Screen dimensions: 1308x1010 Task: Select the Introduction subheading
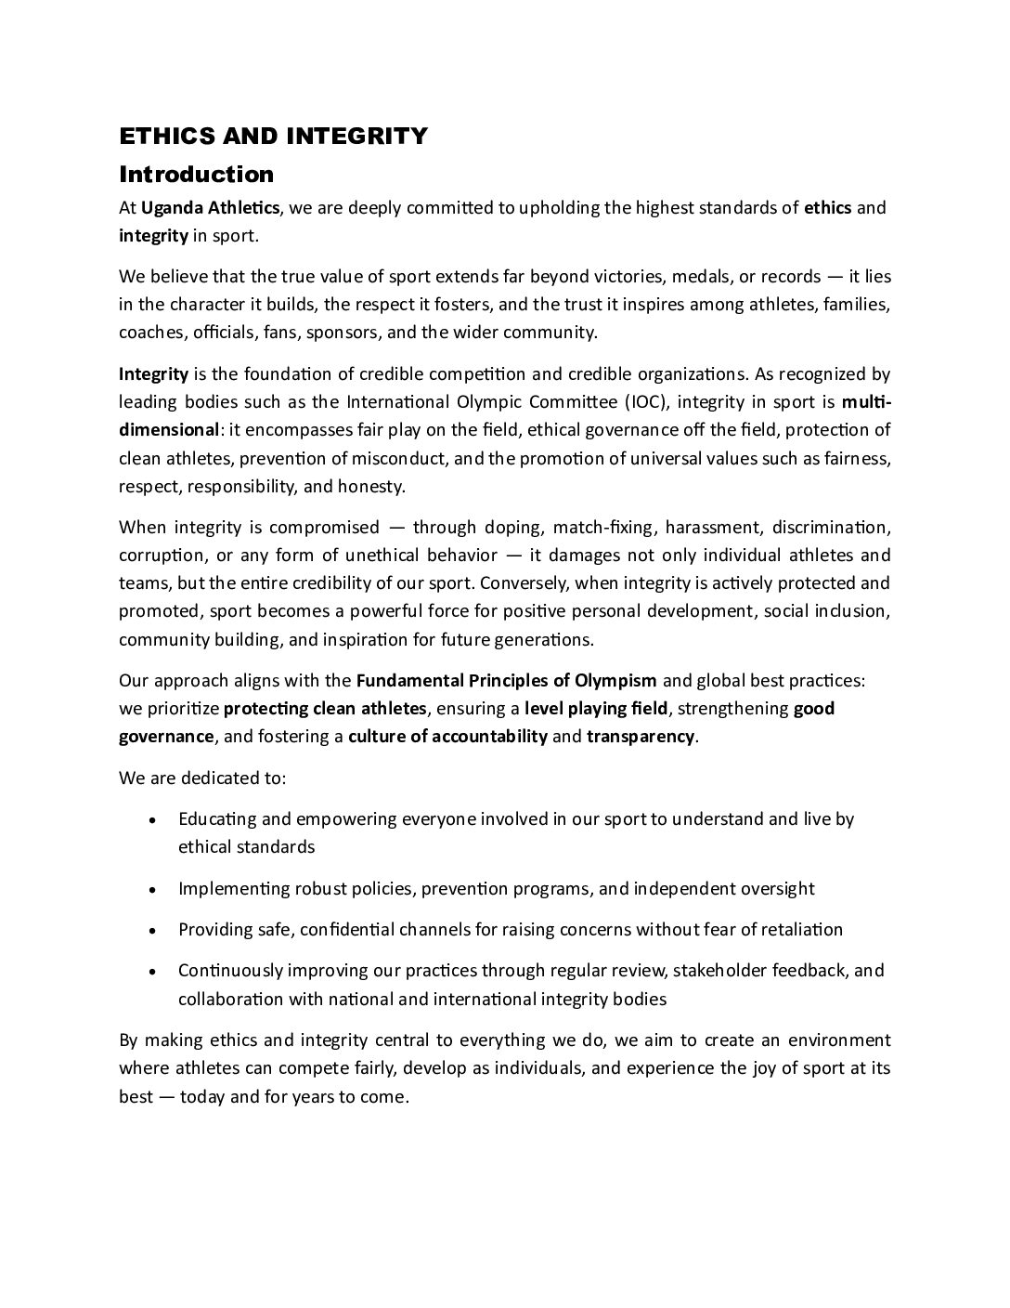196,175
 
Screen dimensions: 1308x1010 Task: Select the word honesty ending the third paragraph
372,486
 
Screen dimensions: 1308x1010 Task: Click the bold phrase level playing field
596,709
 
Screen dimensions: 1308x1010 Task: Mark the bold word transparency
640,737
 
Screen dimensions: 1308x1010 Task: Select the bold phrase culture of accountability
447,737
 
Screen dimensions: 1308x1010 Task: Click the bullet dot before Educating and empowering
152,820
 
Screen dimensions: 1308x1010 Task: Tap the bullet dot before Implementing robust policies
152,889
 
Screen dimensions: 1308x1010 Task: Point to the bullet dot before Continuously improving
152,972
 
